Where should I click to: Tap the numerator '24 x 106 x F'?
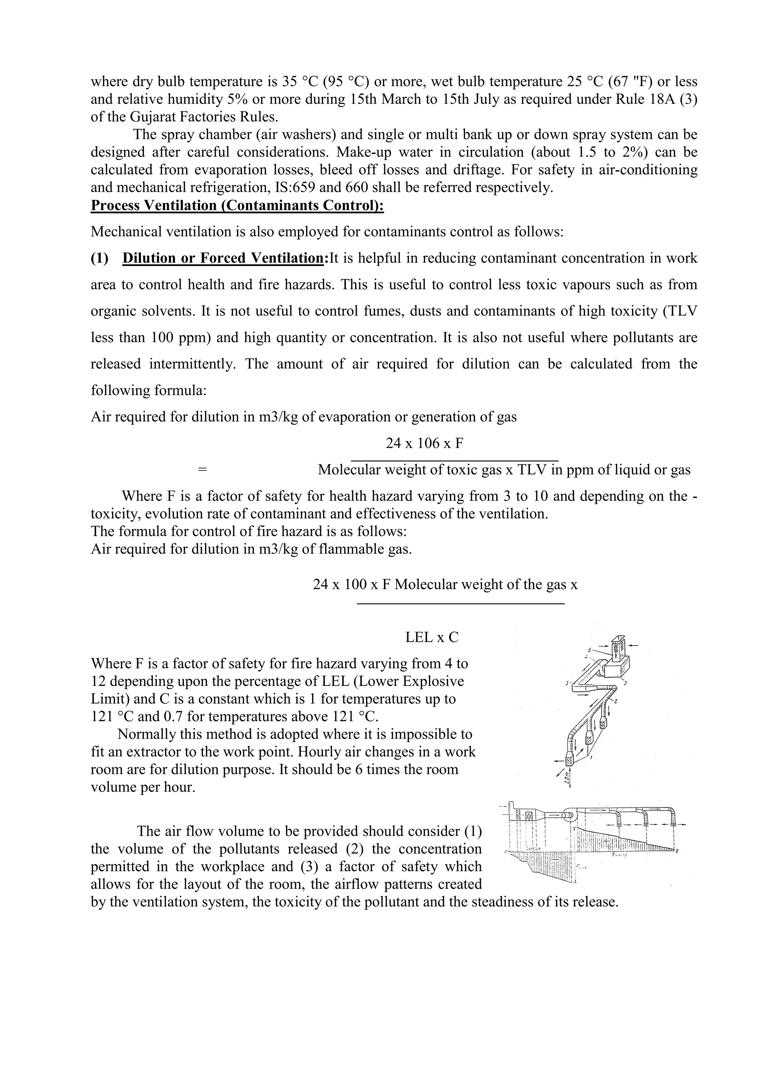(425, 443)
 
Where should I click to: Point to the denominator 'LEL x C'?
(431, 637)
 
